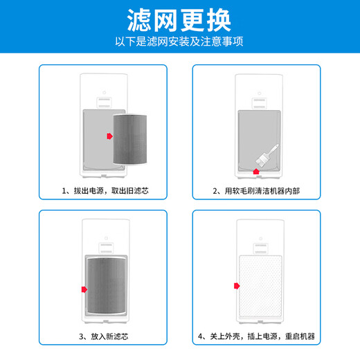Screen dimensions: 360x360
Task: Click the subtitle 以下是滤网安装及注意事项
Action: pyautogui.click(x=179, y=41)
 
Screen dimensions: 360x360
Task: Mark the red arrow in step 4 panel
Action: pyautogui.click(x=237, y=285)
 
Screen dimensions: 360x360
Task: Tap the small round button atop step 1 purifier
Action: pyautogui.click(x=104, y=91)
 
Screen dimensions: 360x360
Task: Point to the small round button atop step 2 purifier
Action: pyautogui.click(x=258, y=91)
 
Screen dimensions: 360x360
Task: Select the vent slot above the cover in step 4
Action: pyautogui.click(x=258, y=246)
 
